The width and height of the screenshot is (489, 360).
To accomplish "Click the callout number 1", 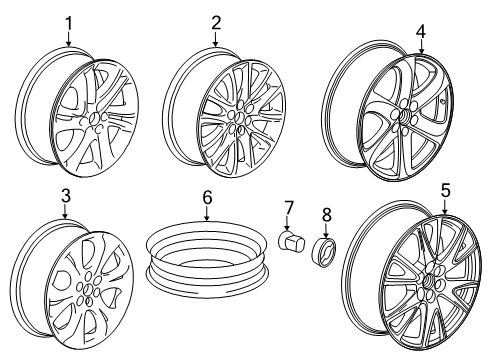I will [69, 22].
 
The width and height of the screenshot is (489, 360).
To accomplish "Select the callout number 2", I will [217, 22].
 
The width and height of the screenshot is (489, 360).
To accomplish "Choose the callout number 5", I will [445, 188].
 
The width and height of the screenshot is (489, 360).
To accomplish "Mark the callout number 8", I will [325, 215].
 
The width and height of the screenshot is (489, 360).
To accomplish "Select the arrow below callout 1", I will [69, 40].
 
